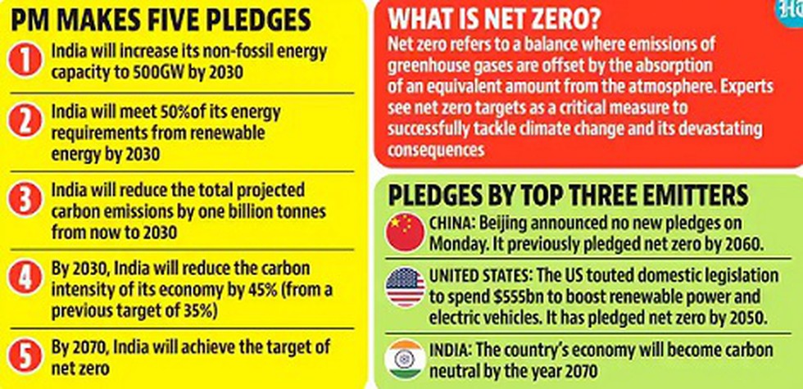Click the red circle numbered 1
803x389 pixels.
click(x=24, y=61)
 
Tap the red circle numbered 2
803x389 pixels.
click(x=24, y=123)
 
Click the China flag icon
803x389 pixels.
click(x=406, y=232)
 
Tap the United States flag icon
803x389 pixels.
click(x=406, y=287)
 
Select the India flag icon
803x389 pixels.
click(x=406, y=359)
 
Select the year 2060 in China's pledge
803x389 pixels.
click(x=744, y=244)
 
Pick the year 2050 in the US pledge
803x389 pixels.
click(x=746, y=318)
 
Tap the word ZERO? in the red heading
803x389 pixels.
click(x=565, y=20)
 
